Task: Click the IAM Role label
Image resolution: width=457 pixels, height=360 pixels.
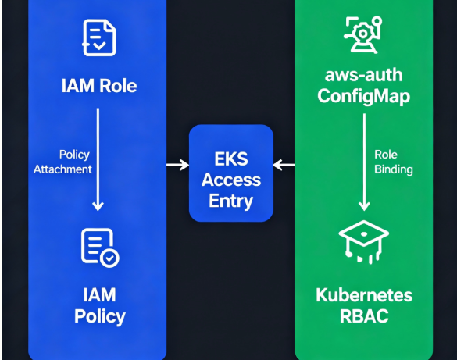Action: point(99,86)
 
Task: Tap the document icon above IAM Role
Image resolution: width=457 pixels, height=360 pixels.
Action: point(99,37)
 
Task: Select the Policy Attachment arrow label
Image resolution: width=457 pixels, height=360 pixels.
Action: point(62,162)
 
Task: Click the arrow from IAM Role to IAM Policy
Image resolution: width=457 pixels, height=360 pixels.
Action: point(98,159)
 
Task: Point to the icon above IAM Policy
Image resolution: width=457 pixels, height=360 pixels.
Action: point(100,248)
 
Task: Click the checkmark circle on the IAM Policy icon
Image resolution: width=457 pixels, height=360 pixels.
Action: point(109,258)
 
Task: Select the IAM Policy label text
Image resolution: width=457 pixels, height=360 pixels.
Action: point(100,305)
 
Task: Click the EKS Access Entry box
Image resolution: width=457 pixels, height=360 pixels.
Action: point(231,173)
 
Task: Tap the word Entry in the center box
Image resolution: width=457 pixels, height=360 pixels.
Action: point(230,201)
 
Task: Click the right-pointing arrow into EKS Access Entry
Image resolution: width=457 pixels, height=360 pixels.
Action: point(178,165)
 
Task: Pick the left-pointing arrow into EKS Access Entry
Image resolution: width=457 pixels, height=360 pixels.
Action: point(284,165)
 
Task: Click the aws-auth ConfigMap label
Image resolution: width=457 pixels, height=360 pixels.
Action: point(364,86)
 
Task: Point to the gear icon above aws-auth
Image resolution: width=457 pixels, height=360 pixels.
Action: point(362,35)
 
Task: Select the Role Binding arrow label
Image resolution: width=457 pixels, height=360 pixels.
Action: point(394,162)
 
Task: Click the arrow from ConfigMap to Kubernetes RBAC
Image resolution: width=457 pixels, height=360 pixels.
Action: point(364,162)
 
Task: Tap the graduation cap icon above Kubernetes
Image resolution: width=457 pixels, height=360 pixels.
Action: point(364,242)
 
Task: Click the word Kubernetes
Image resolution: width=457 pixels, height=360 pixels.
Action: point(364,295)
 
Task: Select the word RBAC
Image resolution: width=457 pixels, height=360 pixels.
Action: point(364,316)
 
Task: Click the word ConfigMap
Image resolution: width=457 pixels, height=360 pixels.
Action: point(364,97)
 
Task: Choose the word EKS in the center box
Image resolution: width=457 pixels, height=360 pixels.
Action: point(231,159)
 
